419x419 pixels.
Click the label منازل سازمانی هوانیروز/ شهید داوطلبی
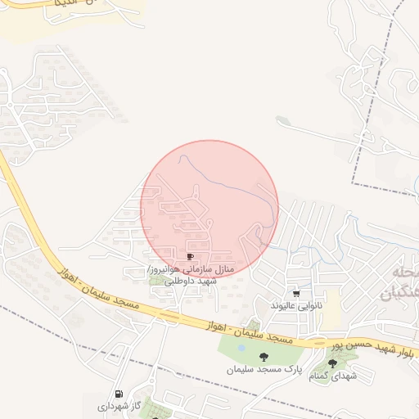coord(190,274)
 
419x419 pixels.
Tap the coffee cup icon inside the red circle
coord(191,257)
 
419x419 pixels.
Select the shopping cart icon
coord(296,294)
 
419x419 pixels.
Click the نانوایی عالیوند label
coord(297,305)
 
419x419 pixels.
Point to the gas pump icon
coord(119,394)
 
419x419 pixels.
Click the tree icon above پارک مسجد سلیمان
coord(264,357)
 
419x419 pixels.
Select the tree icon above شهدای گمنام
coord(333,363)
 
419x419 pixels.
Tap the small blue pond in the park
coord(241,348)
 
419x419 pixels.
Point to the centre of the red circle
coord(209,209)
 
